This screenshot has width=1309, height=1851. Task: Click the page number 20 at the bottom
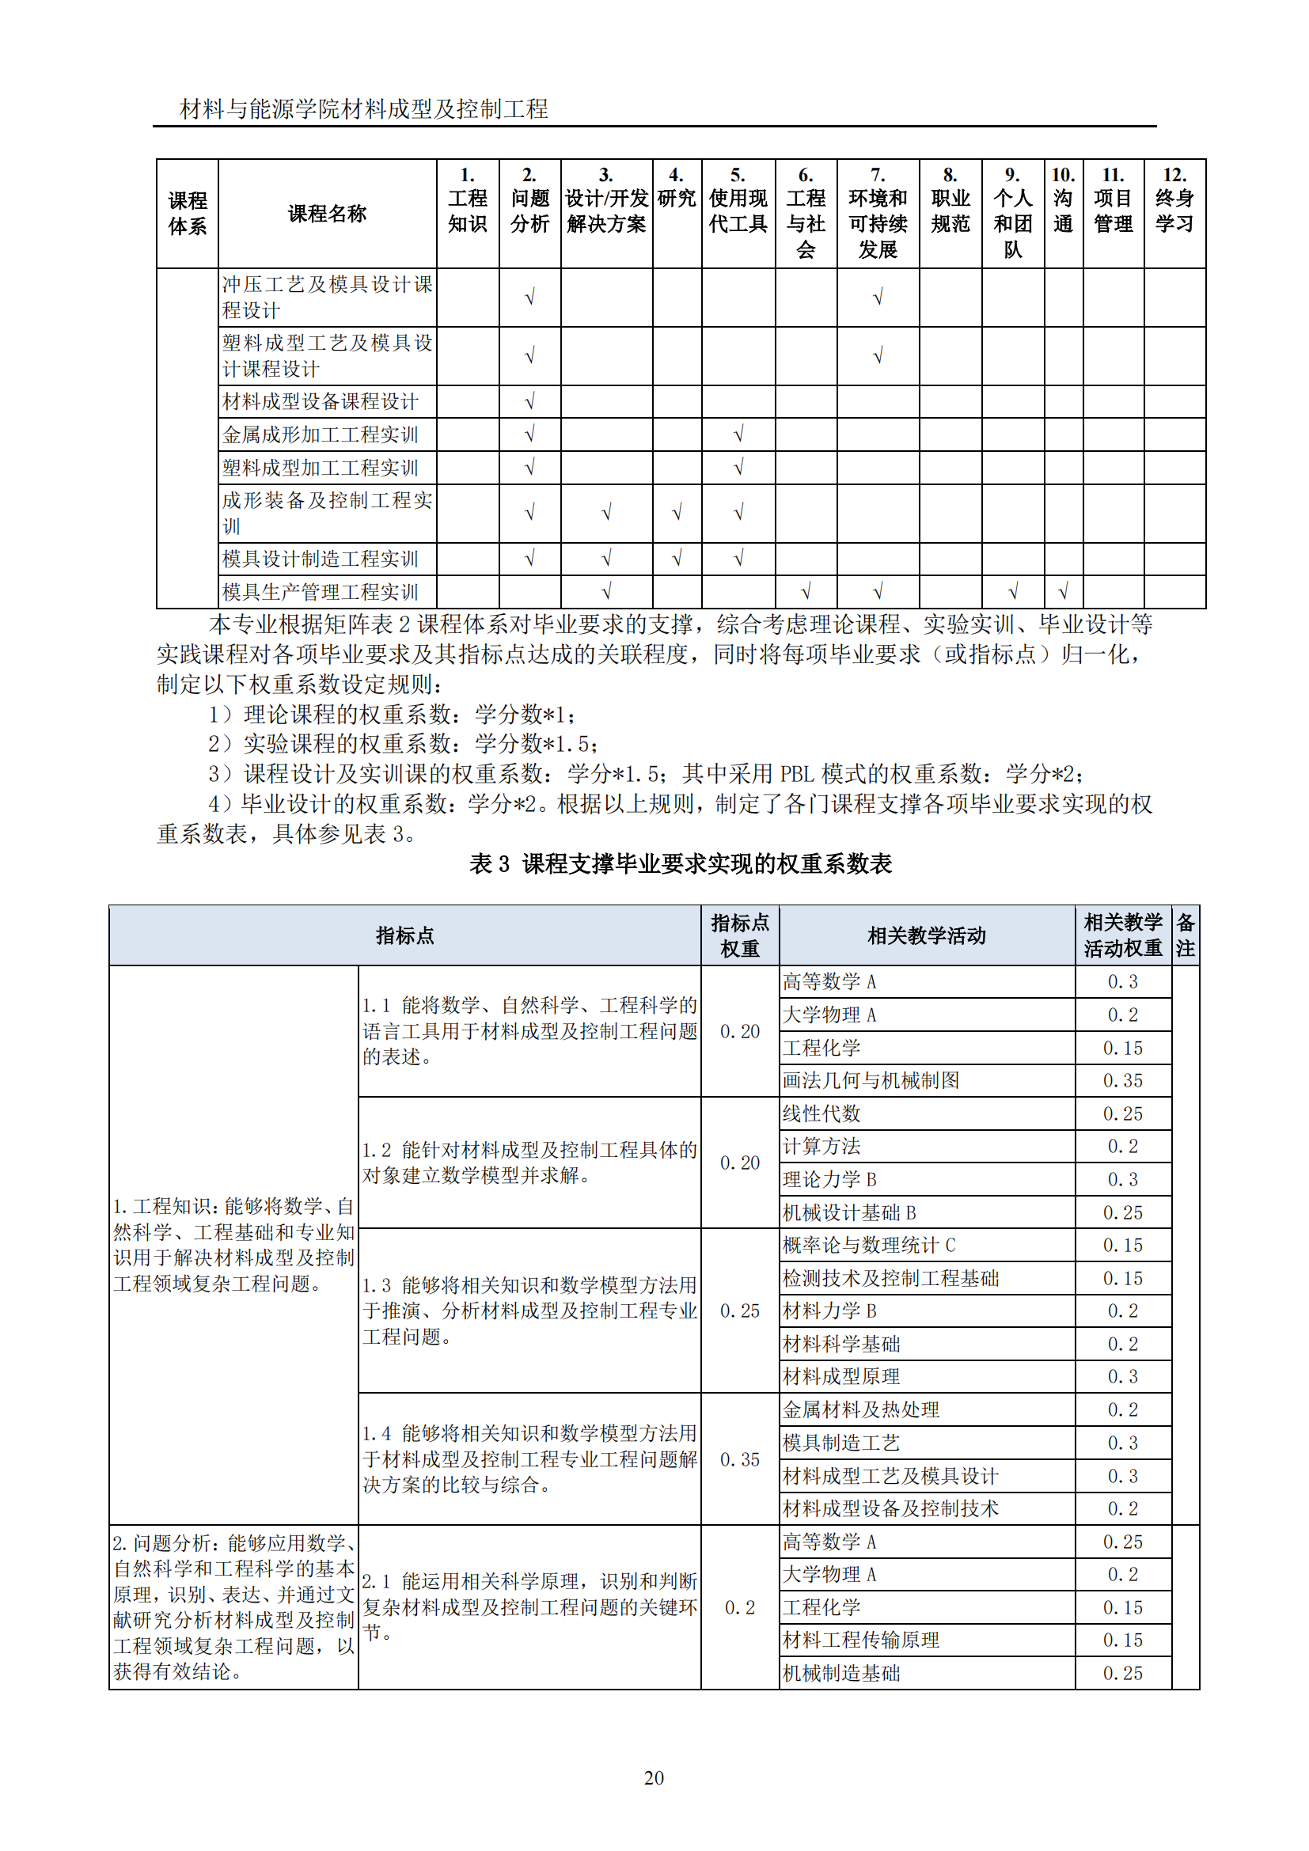point(654,1777)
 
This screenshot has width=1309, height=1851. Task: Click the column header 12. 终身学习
point(1174,211)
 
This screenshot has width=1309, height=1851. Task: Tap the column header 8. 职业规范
point(950,211)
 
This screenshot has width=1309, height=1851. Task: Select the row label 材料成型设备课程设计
point(320,401)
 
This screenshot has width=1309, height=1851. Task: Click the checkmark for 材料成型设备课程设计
point(529,401)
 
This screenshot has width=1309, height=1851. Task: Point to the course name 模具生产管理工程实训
point(320,592)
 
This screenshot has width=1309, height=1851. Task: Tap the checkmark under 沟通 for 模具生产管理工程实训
point(1062,592)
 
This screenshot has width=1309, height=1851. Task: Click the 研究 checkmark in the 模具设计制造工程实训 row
point(677,558)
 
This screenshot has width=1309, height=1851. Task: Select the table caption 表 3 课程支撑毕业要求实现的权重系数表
point(681,863)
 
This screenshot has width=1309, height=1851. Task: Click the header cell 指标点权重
point(739,935)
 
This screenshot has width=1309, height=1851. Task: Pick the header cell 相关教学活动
point(926,935)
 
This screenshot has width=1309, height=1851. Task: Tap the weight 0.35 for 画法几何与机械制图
point(1122,1080)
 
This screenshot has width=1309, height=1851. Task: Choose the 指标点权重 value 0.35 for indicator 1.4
point(739,1459)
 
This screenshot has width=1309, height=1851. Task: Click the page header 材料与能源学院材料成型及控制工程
point(363,109)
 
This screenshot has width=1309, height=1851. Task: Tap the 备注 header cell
point(1185,935)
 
